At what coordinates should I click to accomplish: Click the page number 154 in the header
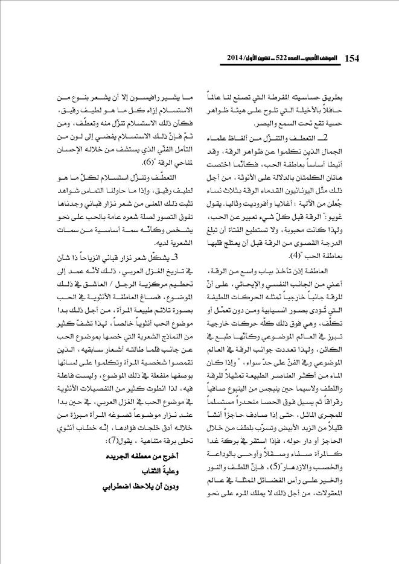(x=351, y=58)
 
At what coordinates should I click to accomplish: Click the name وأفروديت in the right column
(x=273, y=206)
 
